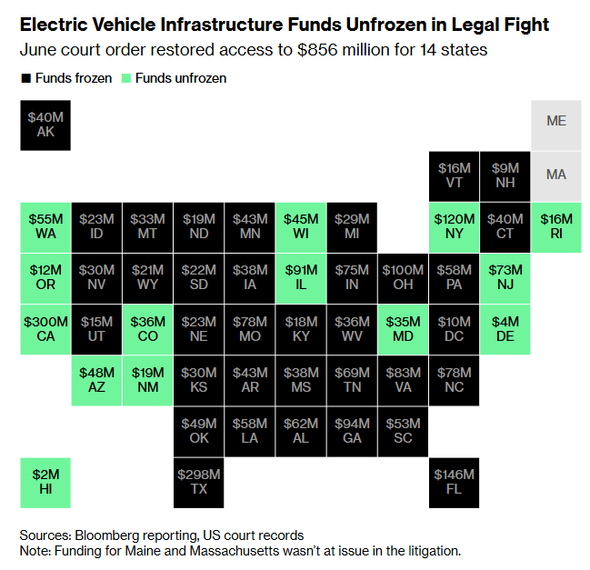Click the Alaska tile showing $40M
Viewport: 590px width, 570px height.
pyautogui.click(x=45, y=125)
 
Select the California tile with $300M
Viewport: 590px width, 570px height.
pyautogui.click(x=45, y=329)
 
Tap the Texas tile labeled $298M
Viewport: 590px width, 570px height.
pyautogui.click(x=198, y=482)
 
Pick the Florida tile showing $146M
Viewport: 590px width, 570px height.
pyautogui.click(x=454, y=482)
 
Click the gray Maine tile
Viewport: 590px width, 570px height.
pyautogui.click(x=555, y=125)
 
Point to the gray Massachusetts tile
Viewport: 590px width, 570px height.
pyautogui.click(x=555, y=175)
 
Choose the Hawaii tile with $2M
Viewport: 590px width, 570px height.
pyautogui.click(x=45, y=482)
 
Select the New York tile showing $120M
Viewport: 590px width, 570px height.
pyautogui.click(x=454, y=226)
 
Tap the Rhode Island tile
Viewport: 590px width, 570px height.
pyautogui.click(x=555, y=226)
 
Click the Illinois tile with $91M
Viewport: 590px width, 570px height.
pyautogui.click(x=300, y=277)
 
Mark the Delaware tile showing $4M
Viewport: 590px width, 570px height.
pyautogui.click(x=505, y=329)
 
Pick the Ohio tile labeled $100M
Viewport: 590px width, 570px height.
pyautogui.click(x=403, y=277)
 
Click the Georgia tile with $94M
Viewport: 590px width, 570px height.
pyautogui.click(x=352, y=431)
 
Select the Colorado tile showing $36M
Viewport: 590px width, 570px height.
pyautogui.click(x=147, y=329)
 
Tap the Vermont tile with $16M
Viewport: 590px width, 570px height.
pyautogui.click(x=454, y=175)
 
